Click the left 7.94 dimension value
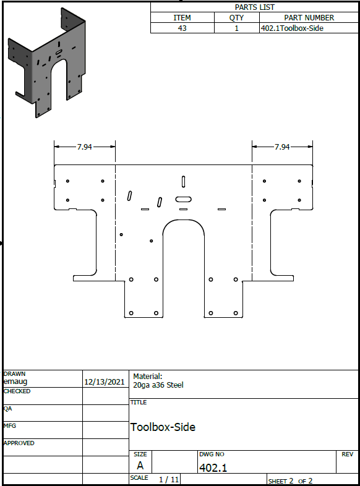pos(84,147)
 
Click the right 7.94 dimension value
pos(282,147)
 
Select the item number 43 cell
pos(182,28)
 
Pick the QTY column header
pos(236,18)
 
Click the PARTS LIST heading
pos(255,7)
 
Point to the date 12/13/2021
pos(104,382)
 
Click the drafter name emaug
pos(15,382)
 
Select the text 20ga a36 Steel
pos(158,385)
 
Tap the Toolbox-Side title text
pos(163,427)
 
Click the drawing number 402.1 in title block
pos(213,467)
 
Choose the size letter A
pos(140,466)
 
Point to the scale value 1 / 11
pos(169,479)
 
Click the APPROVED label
pos(19,443)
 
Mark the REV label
pos(347,454)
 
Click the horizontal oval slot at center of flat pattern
pos(183,199)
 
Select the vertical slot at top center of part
pos(183,182)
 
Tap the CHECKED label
pos(17,391)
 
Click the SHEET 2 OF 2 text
pos(290,481)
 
